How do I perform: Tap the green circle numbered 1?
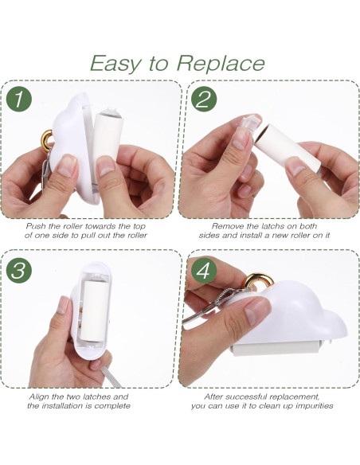click(18, 99)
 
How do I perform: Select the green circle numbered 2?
click(203, 99)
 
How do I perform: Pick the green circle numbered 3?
click(18, 270)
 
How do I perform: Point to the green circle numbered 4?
click(203, 270)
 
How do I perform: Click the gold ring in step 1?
click(46, 141)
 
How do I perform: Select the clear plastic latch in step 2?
click(248, 126)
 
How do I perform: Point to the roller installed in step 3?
click(93, 310)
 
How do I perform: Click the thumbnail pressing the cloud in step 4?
click(254, 311)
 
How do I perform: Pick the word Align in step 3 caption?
click(39, 397)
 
